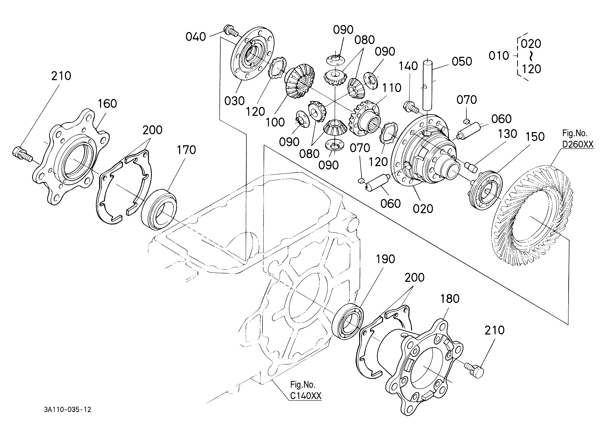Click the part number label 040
coord(196,37)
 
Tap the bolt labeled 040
coord(231,31)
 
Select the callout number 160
coord(107,104)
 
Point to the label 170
coord(186,150)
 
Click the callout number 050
coord(462,61)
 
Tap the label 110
coord(391,88)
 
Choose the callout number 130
coord(507,134)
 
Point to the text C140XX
coord(306,396)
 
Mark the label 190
coord(385,259)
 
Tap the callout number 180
coord(450,299)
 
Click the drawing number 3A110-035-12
coord(68,410)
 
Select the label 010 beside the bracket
coord(499,56)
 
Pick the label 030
coord(234,101)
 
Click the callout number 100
coord(275,122)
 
